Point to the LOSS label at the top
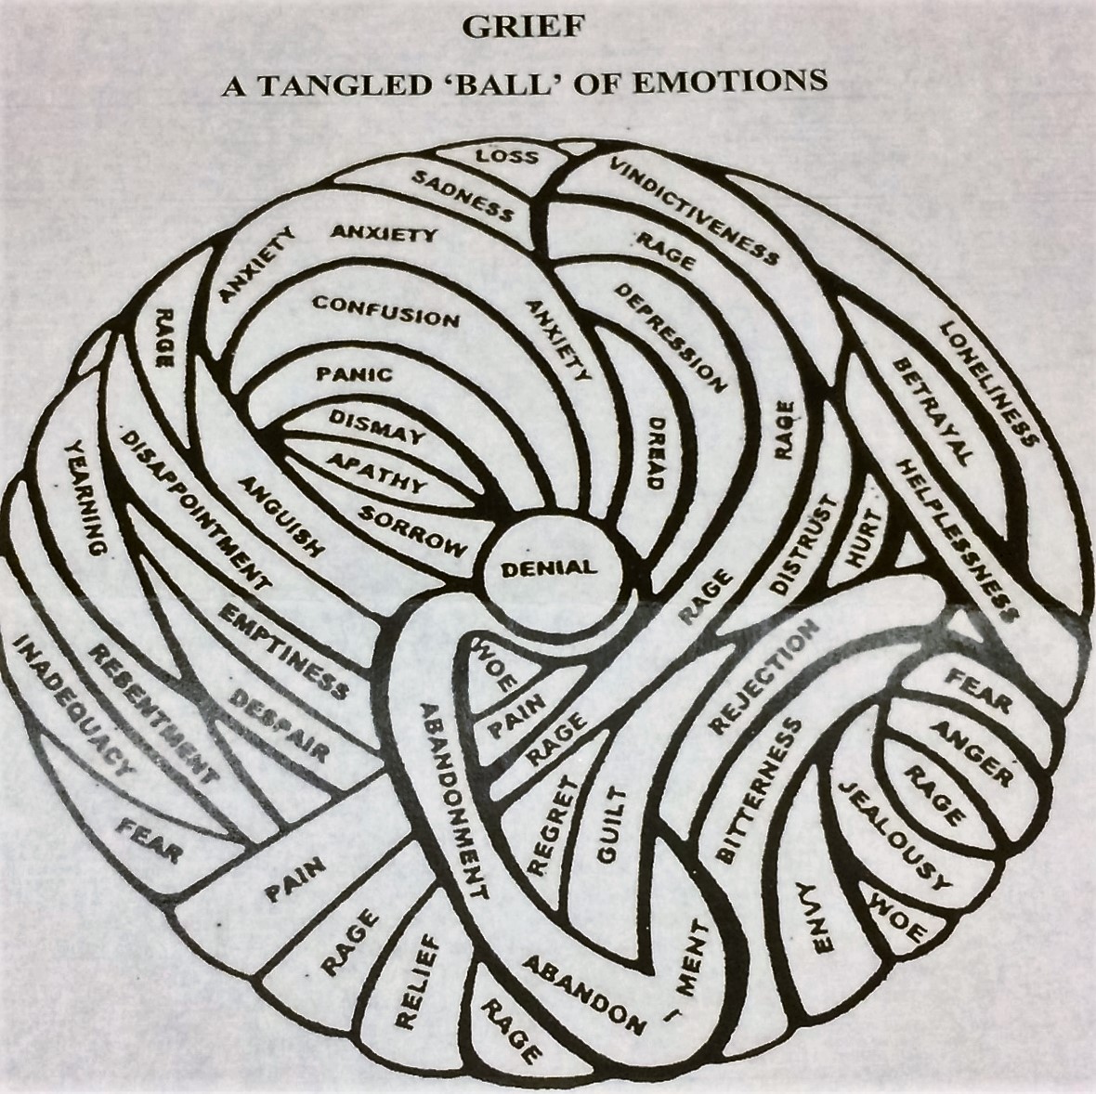(x=507, y=155)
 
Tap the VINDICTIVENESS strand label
(x=693, y=210)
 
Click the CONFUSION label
(x=385, y=311)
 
